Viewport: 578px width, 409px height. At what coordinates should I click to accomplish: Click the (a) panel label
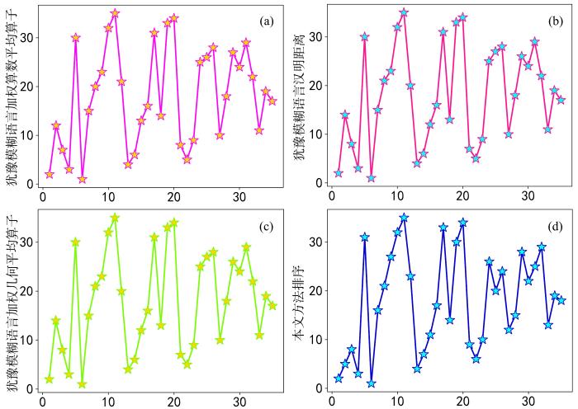[x=266, y=21]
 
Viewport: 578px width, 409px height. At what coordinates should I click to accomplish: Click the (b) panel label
[x=554, y=21]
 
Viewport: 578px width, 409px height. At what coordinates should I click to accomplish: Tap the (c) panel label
[x=266, y=226]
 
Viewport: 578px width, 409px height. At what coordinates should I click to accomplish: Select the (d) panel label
[x=554, y=226]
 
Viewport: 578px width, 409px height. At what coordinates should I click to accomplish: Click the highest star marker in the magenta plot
[x=115, y=13]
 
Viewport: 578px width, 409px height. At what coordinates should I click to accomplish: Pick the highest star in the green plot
[x=115, y=218]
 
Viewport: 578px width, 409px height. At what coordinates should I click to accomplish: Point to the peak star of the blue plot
[x=404, y=218]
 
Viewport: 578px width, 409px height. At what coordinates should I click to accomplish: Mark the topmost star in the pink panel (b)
[x=404, y=12]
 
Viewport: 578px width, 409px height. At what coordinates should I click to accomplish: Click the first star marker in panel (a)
[x=50, y=174]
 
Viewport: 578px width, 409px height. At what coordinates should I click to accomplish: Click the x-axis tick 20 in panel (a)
[x=173, y=198]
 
